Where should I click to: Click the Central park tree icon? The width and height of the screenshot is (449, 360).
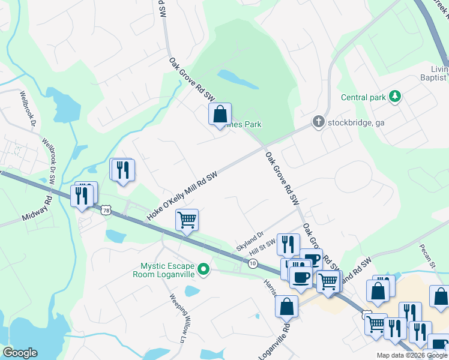pyautogui.click(x=395, y=97)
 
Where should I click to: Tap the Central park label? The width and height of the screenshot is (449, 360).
pyautogui.click(x=363, y=97)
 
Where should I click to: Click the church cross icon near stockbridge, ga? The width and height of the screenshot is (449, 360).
pyautogui.click(x=318, y=122)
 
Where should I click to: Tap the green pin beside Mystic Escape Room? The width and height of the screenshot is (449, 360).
pyautogui.click(x=204, y=270)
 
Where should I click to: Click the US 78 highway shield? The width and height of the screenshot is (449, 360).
pyautogui.click(x=106, y=210)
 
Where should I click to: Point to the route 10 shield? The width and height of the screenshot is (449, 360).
pyautogui.click(x=253, y=263)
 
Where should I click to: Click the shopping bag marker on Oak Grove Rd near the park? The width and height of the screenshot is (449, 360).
pyautogui.click(x=220, y=113)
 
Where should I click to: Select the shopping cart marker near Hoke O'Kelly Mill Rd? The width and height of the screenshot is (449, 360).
pyautogui.click(x=187, y=220)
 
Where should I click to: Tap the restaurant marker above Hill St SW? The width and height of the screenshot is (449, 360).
pyautogui.click(x=288, y=244)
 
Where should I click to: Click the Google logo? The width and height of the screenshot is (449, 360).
pyautogui.click(x=20, y=353)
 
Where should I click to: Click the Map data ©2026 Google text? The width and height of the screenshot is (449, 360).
pyautogui.click(x=411, y=355)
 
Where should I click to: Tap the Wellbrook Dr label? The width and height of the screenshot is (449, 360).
pyautogui.click(x=29, y=108)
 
